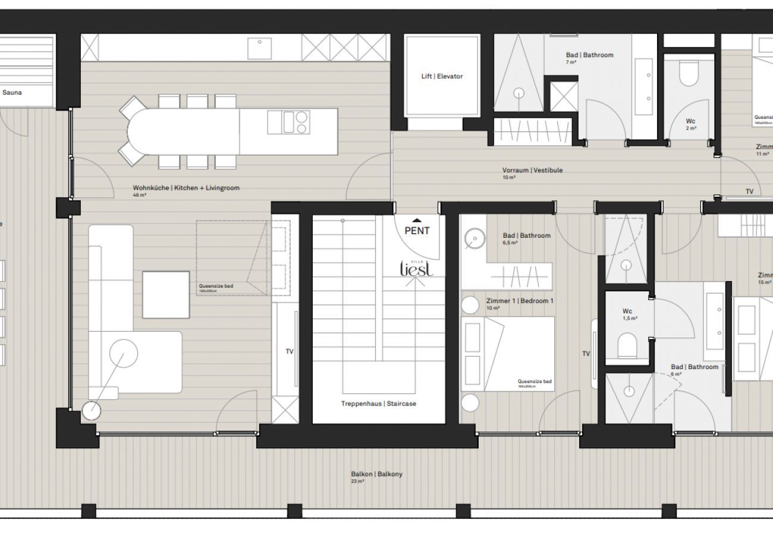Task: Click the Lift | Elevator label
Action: click(441, 77)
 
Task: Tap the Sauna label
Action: click(12, 93)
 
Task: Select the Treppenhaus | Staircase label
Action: click(378, 404)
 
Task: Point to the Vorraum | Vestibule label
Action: click(532, 170)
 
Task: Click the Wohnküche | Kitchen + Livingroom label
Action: click(186, 188)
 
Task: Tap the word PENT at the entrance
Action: click(417, 231)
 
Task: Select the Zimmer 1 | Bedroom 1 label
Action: click(519, 301)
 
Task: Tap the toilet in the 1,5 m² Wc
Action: click(627, 345)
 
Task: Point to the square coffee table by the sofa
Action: click(166, 295)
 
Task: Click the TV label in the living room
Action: click(290, 351)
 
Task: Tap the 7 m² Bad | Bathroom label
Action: click(589, 55)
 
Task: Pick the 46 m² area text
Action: click(140, 195)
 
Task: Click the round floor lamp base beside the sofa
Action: click(92, 411)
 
